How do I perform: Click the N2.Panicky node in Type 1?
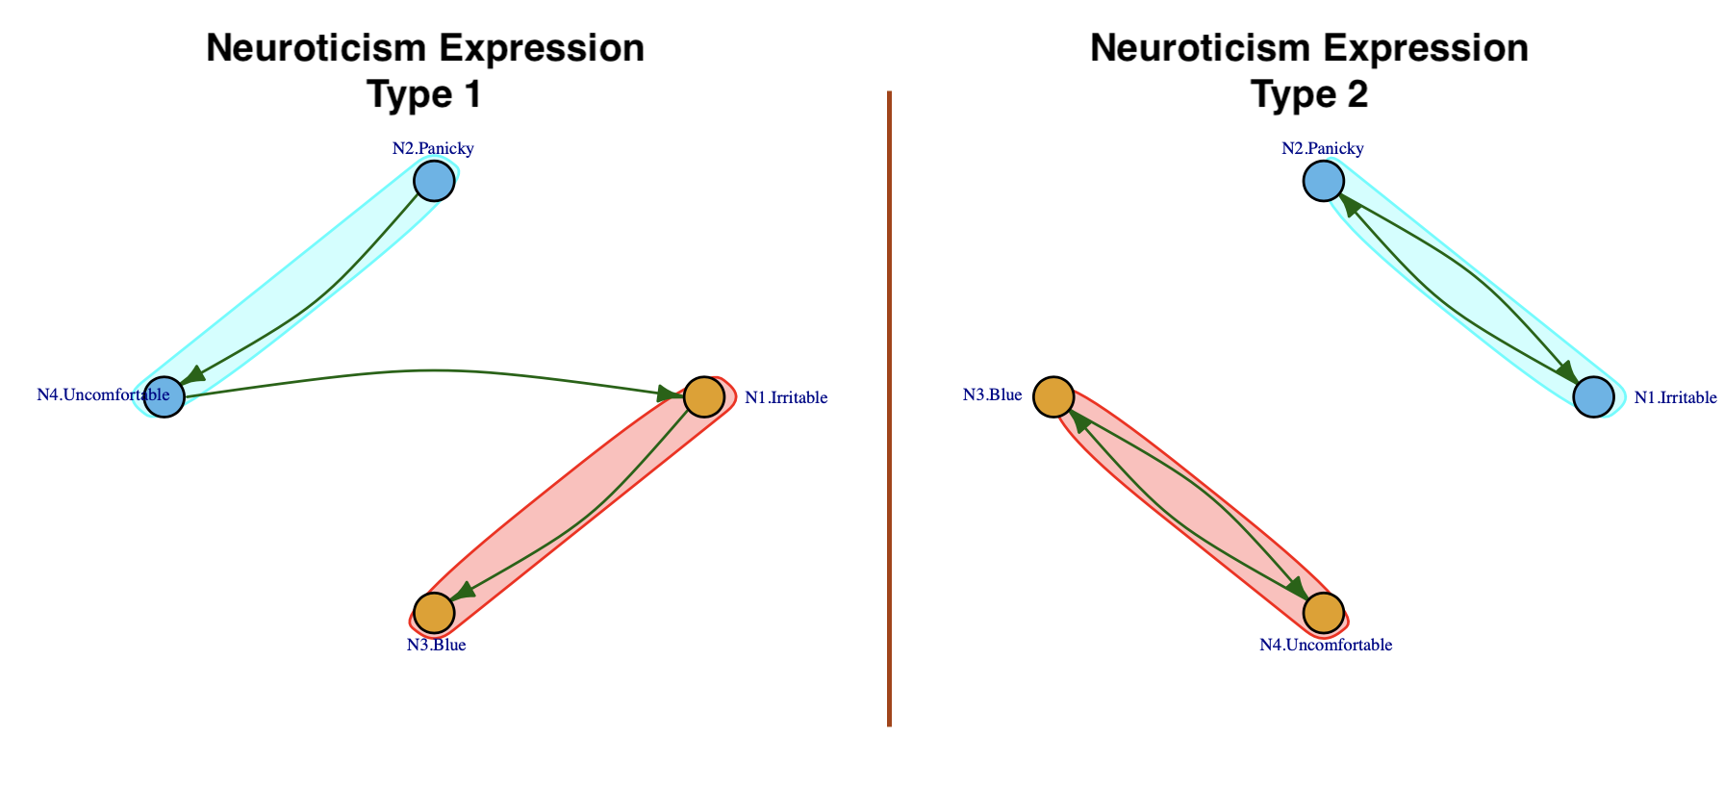click(x=434, y=181)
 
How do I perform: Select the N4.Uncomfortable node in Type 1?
click(x=165, y=396)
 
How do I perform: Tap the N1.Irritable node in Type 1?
click(x=703, y=396)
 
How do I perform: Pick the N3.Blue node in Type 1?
click(x=434, y=612)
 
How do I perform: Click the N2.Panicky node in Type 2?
click(x=1323, y=181)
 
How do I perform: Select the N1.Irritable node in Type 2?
click(x=1593, y=396)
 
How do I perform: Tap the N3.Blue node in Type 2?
click(x=1053, y=396)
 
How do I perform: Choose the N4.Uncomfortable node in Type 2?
click(x=1324, y=612)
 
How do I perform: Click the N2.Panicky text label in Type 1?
click(x=433, y=148)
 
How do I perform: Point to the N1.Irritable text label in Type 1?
click(x=786, y=397)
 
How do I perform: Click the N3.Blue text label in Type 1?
click(x=436, y=645)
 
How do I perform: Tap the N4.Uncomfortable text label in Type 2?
click(x=1326, y=645)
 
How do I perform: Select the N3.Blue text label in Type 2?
click(x=992, y=394)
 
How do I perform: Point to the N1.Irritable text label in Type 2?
click(x=1675, y=397)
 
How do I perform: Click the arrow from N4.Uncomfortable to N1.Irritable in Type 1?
click(x=433, y=370)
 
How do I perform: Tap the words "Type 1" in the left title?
click(x=424, y=94)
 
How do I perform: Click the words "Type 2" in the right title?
click(x=1308, y=94)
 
